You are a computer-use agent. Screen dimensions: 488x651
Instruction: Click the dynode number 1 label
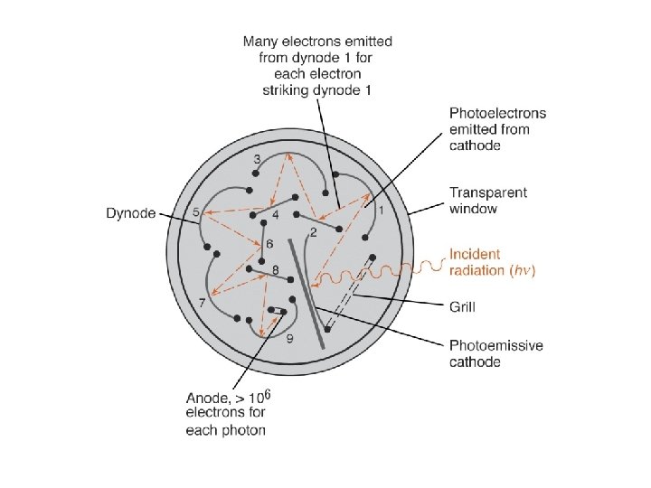point(381,211)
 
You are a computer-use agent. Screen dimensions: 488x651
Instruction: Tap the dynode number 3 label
point(258,159)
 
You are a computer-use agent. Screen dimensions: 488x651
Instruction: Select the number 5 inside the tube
point(197,212)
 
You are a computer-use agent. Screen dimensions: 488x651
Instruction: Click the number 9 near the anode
point(288,339)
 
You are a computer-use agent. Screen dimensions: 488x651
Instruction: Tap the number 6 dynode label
point(269,245)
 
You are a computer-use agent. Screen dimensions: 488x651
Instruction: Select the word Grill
point(463,307)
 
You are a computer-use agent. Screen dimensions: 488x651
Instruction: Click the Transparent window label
point(488,201)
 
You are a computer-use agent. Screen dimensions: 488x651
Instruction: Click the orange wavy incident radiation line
point(398,268)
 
